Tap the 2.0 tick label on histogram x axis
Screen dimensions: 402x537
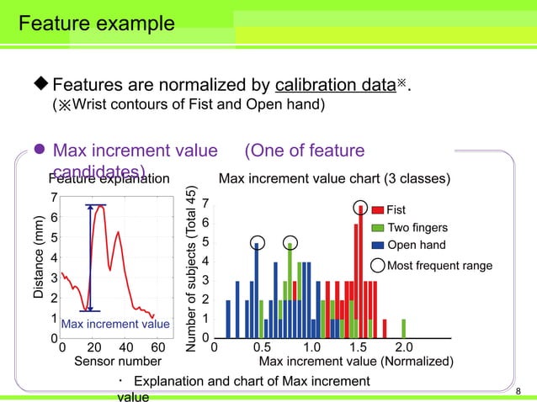(404, 348)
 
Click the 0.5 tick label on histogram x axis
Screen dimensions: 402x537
(262, 348)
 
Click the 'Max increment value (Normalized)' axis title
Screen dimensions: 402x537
(356, 362)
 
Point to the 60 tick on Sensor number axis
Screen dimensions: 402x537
(157, 348)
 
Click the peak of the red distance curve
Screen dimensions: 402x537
(100, 208)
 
